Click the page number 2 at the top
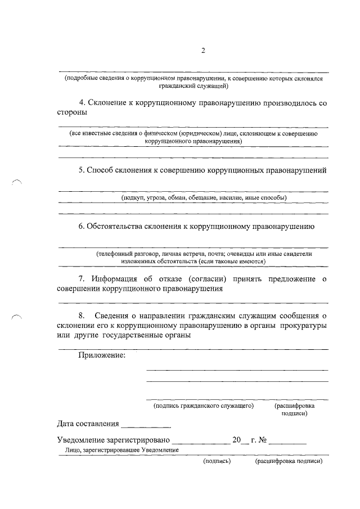[203, 52]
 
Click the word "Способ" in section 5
[102, 170]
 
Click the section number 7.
[82, 280]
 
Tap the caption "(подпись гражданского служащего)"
[204, 405]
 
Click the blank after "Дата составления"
[145, 423]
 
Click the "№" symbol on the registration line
[262, 440]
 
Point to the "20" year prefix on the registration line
[236, 440]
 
